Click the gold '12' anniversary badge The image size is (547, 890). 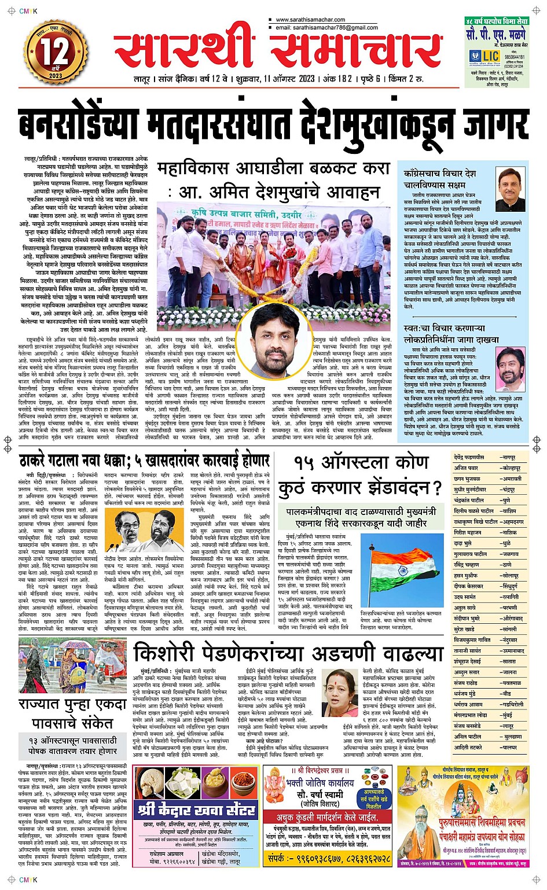tap(55, 53)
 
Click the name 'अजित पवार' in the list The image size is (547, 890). tap(466, 468)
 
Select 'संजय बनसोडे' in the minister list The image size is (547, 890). tap(467, 726)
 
